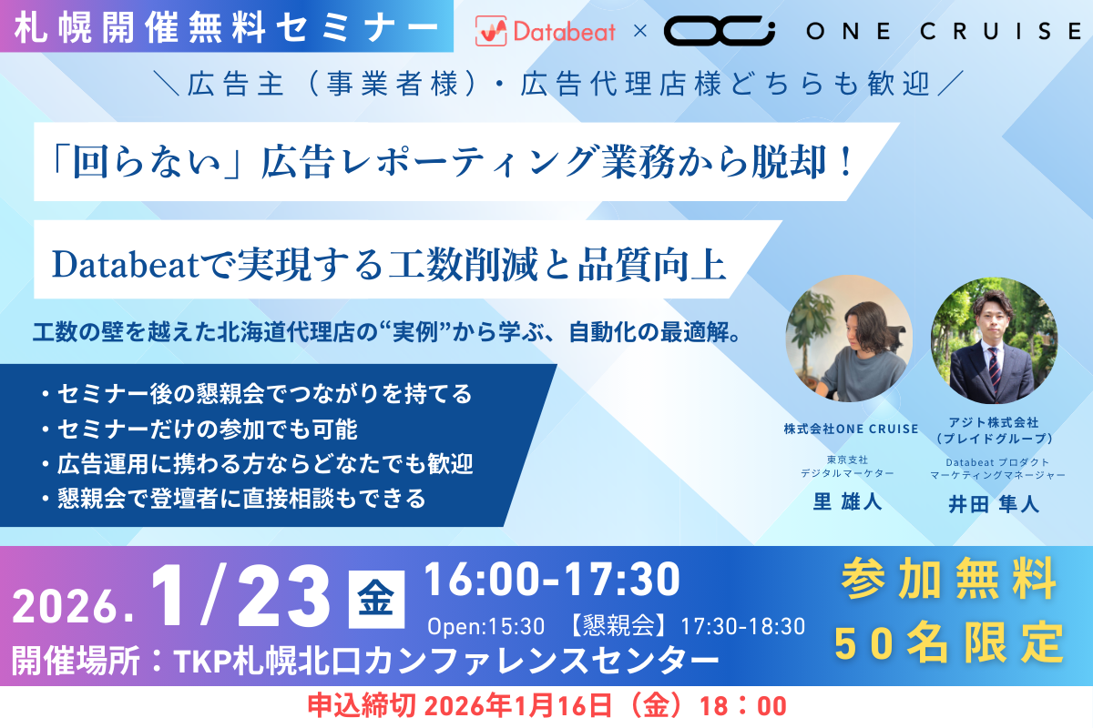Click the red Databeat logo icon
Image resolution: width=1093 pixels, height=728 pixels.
coord(490,31)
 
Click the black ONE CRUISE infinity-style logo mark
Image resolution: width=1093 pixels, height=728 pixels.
coord(720,30)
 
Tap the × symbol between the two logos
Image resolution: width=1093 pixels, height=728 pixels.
coord(639,31)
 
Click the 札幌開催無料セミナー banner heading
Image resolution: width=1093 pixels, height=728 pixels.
coord(227,27)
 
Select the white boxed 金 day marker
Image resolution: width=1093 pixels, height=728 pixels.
coord(376,600)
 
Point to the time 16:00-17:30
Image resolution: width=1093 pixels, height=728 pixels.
coord(552,580)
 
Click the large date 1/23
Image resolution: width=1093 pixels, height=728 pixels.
coord(240,596)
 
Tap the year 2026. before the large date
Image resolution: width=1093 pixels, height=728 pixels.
coord(73,607)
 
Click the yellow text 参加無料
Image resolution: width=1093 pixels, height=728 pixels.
coord(949,579)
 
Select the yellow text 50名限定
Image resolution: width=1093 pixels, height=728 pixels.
coord(949,642)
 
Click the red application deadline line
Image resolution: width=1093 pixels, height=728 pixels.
coord(547,706)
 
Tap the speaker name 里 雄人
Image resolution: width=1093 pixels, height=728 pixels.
coord(848,501)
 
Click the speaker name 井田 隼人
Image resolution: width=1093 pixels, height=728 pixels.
coord(994,504)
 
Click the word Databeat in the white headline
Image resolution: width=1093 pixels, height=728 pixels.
coord(126,265)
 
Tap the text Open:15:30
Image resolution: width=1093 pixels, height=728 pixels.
coord(486,626)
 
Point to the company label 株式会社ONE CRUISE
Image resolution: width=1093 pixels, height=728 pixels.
coord(851,429)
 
